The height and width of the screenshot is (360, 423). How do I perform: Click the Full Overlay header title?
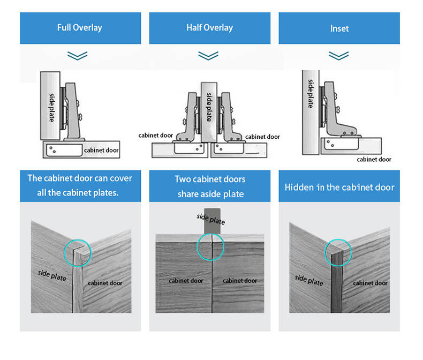click(80, 27)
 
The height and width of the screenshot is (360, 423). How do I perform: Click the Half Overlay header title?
click(209, 27)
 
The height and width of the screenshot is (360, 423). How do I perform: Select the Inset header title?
click(339, 28)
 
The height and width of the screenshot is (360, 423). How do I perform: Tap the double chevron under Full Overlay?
click(78, 56)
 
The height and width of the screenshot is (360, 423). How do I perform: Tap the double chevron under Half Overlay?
click(208, 56)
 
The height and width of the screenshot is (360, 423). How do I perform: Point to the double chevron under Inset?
click(338, 56)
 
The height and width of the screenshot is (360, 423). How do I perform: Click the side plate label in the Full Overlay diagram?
click(52, 107)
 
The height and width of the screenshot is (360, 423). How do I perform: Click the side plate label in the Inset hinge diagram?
click(311, 93)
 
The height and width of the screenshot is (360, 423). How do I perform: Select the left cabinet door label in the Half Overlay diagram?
click(156, 136)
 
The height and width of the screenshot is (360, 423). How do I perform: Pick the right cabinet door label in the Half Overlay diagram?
click(262, 137)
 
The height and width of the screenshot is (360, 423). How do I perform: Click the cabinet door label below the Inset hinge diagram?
click(374, 160)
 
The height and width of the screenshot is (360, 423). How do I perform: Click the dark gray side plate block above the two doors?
click(213, 221)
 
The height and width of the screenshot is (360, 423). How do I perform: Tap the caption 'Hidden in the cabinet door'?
click(339, 187)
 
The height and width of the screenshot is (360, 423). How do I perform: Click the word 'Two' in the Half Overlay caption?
click(183, 179)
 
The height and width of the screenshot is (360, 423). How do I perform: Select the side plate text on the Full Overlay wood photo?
click(52, 275)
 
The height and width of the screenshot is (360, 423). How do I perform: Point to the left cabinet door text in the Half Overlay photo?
click(186, 281)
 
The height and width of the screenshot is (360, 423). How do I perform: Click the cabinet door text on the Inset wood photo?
click(370, 283)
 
